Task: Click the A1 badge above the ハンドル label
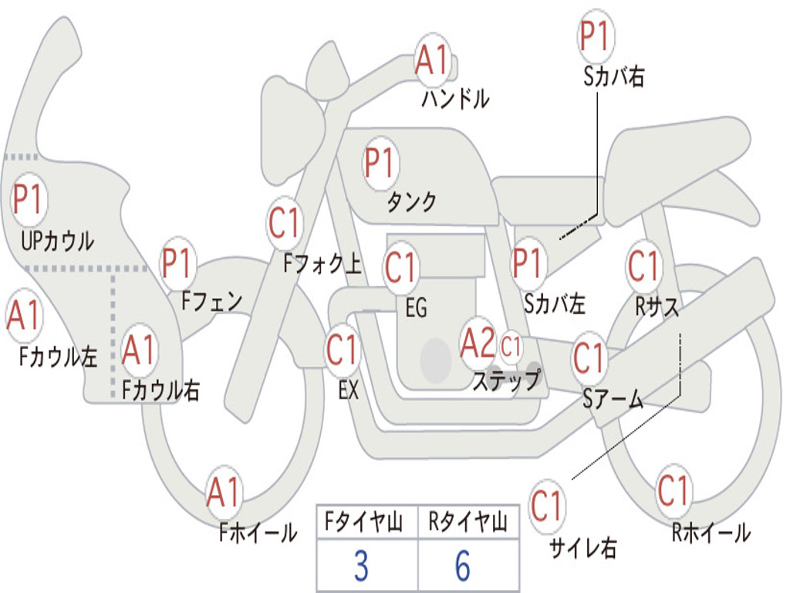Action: pyautogui.click(x=432, y=59)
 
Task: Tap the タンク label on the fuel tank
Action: pyautogui.click(x=411, y=202)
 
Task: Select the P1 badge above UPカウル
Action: pyautogui.click(x=29, y=199)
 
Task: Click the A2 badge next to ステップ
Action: pyautogui.click(x=478, y=344)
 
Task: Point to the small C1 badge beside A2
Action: pyautogui.click(x=511, y=347)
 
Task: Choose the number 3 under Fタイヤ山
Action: pyautogui.click(x=361, y=566)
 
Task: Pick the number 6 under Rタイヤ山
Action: pyautogui.click(x=463, y=566)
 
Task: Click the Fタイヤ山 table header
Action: pyautogui.click(x=364, y=521)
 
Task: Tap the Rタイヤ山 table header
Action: pyautogui.click(x=468, y=521)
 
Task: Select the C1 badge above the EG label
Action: pyautogui.click(x=400, y=266)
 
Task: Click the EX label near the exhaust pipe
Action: pyautogui.click(x=349, y=390)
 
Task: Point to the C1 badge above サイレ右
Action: pyautogui.click(x=546, y=505)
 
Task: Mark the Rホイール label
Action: pyautogui.click(x=711, y=533)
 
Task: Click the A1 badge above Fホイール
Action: pyautogui.click(x=223, y=492)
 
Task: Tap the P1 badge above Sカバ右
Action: pyautogui.click(x=596, y=36)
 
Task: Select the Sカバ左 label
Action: pyautogui.click(x=554, y=303)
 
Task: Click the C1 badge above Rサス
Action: pyautogui.click(x=643, y=266)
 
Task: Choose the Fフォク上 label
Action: pyautogui.click(x=322, y=264)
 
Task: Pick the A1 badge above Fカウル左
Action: pyautogui.click(x=24, y=315)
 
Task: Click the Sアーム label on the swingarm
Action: pyautogui.click(x=613, y=399)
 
